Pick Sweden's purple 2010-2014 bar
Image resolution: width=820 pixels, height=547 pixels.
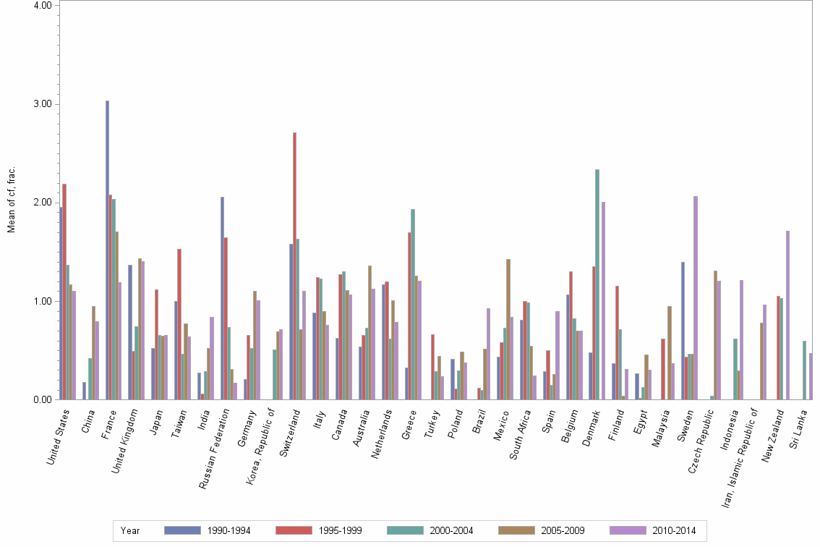pos(696,297)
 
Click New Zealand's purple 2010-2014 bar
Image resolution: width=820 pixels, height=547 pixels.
pos(787,315)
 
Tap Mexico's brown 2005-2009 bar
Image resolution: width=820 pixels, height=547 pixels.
pos(508,329)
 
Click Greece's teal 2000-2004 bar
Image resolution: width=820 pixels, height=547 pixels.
pos(413,304)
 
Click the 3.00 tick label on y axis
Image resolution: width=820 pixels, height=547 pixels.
pos(42,104)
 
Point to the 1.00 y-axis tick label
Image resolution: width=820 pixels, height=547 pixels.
pos(42,301)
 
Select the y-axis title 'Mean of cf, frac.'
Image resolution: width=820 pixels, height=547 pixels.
pos(11,200)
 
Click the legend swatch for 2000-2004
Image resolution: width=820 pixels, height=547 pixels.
pos(405,530)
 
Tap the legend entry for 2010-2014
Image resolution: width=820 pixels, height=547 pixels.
pos(672,530)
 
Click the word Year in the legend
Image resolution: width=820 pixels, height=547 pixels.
pos(130,530)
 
